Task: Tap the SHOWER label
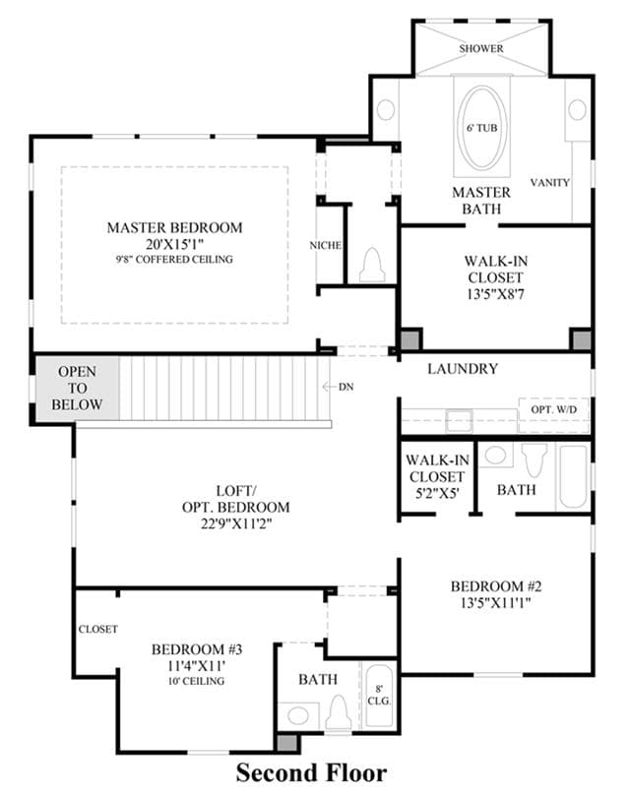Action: pyautogui.click(x=481, y=49)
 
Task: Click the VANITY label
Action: pyautogui.click(x=550, y=182)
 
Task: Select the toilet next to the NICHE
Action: pyautogui.click(x=372, y=265)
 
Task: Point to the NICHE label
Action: pyautogui.click(x=326, y=245)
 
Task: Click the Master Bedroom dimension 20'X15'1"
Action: pyautogui.click(x=174, y=244)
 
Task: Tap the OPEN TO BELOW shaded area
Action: pyautogui.click(x=77, y=389)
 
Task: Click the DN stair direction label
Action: pyautogui.click(x=346, y=387)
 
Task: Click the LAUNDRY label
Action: pyautogui.click(x=463, y=369)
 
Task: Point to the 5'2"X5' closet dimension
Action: pyautogui.click(x=438, y=493)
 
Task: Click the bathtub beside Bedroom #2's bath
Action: pyautogui.click(x=573, y=476)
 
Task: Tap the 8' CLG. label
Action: pyautogui.click(x=379, y=695)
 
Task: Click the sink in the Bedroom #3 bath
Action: pyautogui.click(x=298, y=715)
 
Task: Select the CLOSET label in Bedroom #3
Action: pyautogui.click(x=98, y=629)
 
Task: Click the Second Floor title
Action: pyautogui.click(x=311, y=773)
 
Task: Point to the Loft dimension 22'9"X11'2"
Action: pyautogui.click(x=236, y=523)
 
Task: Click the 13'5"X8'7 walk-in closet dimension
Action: pyautogui.click(x=495, y=294)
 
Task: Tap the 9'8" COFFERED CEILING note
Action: pyautogui.click(x=174, y=260)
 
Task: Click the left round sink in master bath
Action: pyautogui.click(x=386, y=109)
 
